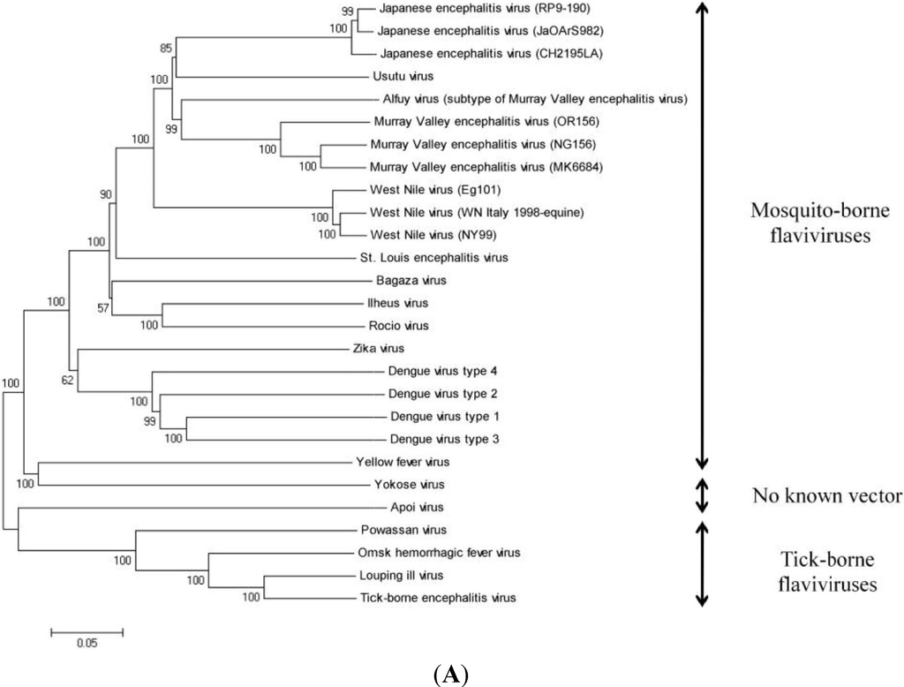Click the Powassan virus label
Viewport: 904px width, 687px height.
(393, 530)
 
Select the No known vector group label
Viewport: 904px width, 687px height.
(827, 494)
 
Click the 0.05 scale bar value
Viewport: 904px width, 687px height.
(87, 643)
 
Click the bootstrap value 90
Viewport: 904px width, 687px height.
(107, 194)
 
